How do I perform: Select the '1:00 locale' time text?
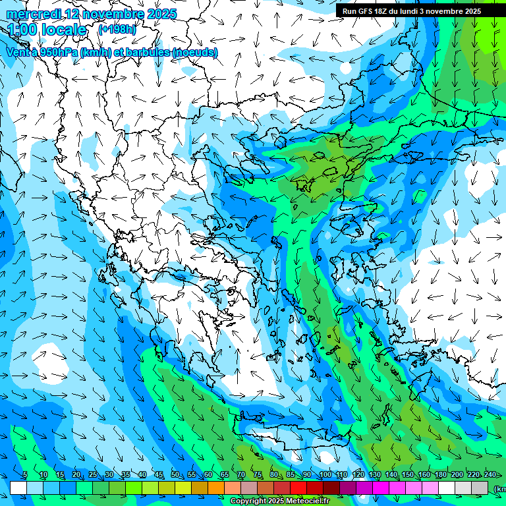tap(47, 30)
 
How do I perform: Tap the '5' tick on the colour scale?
tap(24, 475)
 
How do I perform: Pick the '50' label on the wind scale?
tap(175, 475)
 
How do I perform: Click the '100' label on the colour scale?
tap(325, 475)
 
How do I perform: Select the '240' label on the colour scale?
tap(490, 475)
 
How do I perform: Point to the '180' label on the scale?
tap(440, 475)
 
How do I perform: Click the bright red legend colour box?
tap(298, 488)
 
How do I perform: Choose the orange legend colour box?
tap(216, 488)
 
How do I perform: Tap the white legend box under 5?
tap(18, 488)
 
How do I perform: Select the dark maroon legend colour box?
tap(331, 488)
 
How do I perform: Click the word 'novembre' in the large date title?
tap(105, 14)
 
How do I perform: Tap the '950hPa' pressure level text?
tap(58, 52)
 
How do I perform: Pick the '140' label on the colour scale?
tap(391, 475)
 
